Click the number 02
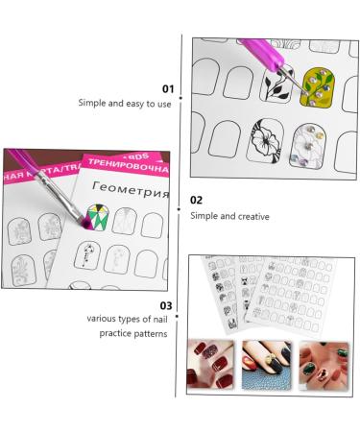click(x=197, y=201)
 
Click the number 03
click(x=166, y=304)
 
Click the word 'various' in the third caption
click(x=102, y=320)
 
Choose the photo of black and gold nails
click(x=269, y=364)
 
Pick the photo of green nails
click(x=324, y=364)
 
